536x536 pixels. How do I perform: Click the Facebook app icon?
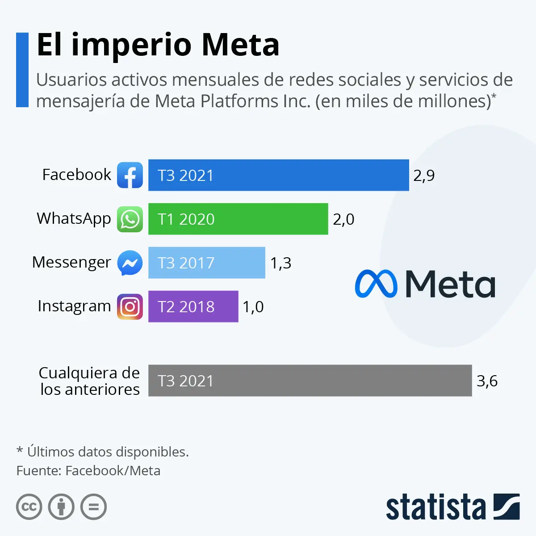[x=130, y=175]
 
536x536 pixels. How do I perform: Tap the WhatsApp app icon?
[x=130, y=219]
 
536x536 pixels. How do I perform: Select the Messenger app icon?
[x=130, y=263]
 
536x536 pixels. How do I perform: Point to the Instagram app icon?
[x=130, y=306]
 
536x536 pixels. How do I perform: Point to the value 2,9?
[x=424, y=176]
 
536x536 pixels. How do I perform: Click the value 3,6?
[x=487, y=381]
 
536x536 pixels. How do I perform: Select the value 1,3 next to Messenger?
[x=281, y=263]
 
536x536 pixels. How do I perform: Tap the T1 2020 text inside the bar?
[x=186, y=219]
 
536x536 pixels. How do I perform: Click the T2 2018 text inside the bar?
[x=186, y=307]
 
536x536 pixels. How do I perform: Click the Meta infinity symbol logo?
[x=376, y=284]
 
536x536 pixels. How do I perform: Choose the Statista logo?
[x=452, y=507]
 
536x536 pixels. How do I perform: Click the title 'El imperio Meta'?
[x=158, y=45]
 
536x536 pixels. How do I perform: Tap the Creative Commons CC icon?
[x=29, y=507]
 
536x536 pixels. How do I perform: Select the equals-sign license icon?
[x=93, y=507]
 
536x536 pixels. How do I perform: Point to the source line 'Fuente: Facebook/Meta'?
[x=88, y=471]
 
